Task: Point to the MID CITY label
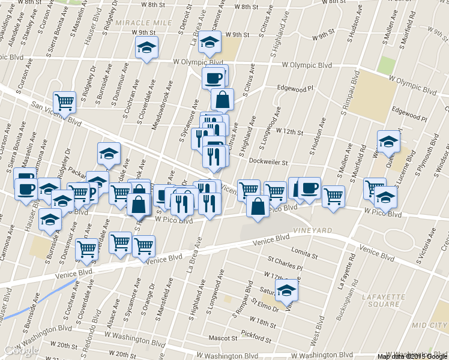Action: (x=430, y=325)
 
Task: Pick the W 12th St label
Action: (x=291, y=131)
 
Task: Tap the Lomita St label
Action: (x=303, y=250)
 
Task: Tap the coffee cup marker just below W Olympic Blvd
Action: (x=213, y=77)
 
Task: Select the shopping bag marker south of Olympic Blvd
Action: (x=223, y=100)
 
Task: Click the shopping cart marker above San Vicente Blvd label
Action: (x=64, y=101)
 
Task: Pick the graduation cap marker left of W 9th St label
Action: (x=146, y=47)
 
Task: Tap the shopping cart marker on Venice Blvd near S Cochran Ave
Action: (x=87, y=248)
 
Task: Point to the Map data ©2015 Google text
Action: (x=412, y=356)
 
